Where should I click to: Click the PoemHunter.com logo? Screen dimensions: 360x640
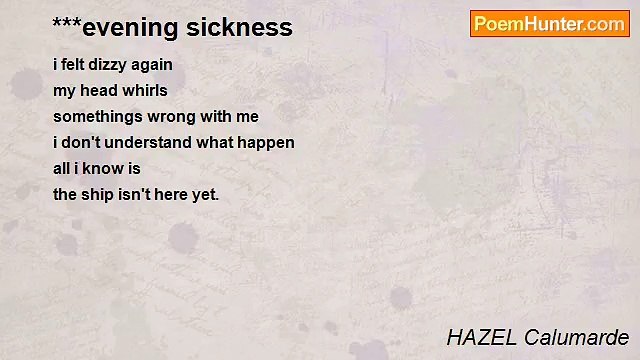549,24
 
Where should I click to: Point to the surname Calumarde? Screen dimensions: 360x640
574,337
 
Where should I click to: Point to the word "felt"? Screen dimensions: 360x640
75,65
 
